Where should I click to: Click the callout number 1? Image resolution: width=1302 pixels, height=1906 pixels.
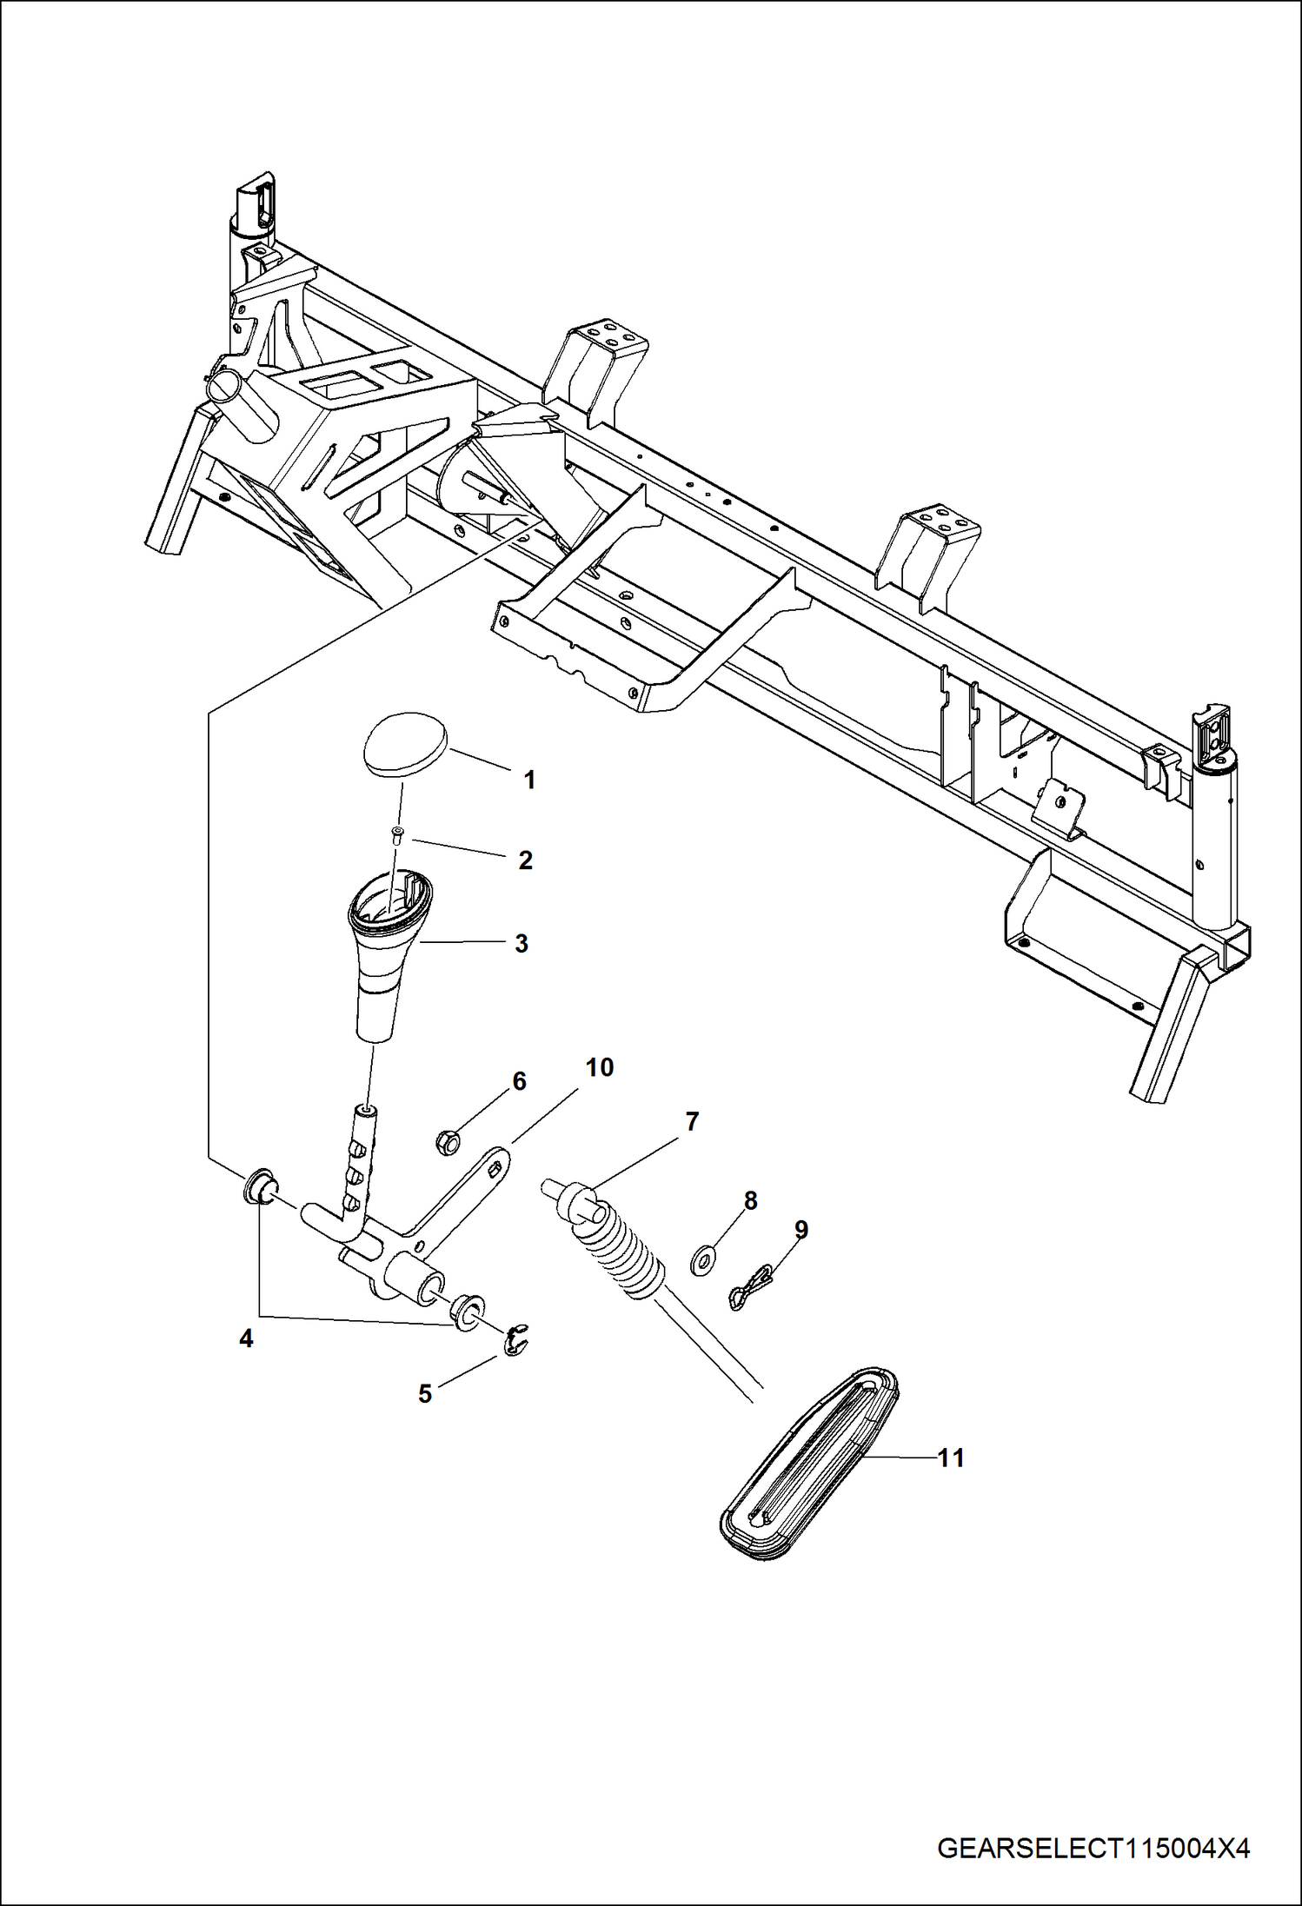tap(529, 780)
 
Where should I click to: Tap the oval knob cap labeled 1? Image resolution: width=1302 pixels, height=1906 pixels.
tap(404, 744)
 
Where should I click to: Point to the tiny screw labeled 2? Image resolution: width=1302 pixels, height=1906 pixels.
tap(397, 836)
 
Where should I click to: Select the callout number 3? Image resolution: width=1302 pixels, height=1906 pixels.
tap(521, 943)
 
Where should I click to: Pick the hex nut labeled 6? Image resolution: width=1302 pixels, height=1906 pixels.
tap(447, 1141)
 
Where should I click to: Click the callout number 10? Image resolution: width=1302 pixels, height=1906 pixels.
tap(600, 1067)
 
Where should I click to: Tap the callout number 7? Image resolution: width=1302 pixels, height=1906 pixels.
tap(692, 1121)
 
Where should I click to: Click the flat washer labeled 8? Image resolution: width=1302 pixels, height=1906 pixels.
tap(701, 1259)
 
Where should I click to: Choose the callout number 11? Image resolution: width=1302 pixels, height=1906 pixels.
tap(951, 1458)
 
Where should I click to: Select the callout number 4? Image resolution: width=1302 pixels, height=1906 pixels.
tap(246, 1339)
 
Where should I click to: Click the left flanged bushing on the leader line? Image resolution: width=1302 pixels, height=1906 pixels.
tap(258, 1188)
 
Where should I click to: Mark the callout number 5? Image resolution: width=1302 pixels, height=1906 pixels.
tap(424, 1394)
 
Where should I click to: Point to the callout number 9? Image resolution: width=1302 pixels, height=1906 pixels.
tap(801, 1230)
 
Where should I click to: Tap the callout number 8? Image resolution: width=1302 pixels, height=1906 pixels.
tap(750, 1200)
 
